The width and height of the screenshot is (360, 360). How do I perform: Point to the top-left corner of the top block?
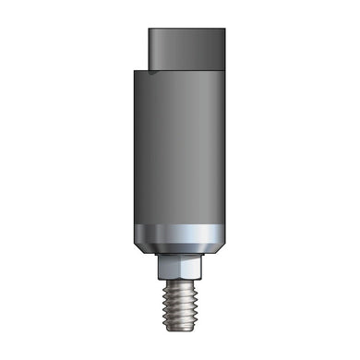click(150, 29)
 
